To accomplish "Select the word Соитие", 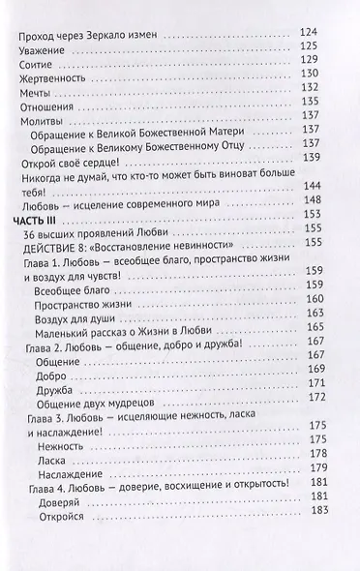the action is [37, 73].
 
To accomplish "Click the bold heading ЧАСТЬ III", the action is [42, 243].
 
